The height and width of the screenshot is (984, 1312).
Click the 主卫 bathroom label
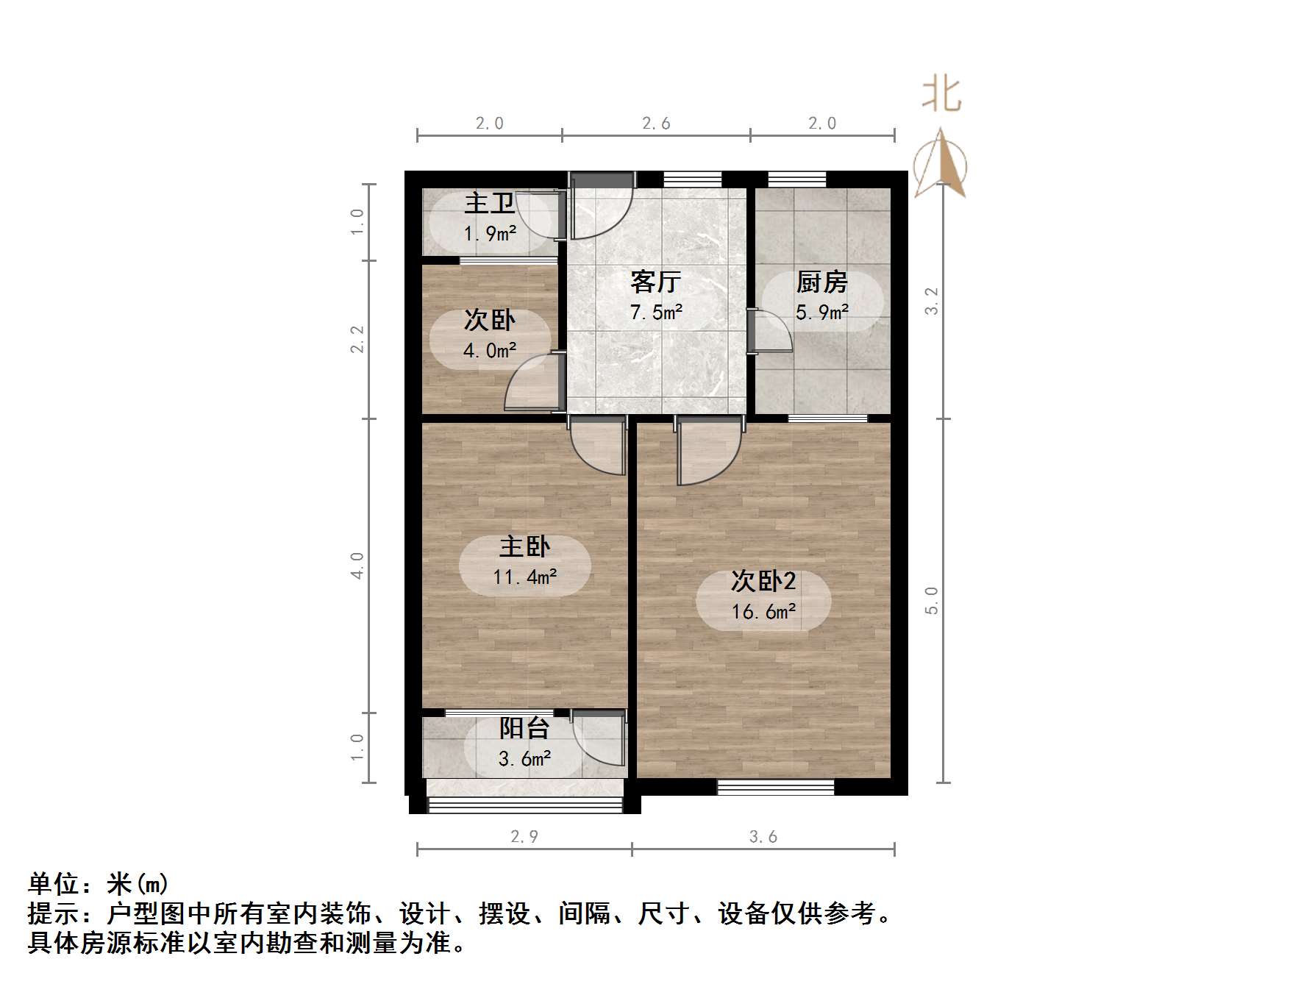pos(489,202)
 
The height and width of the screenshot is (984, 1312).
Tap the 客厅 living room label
pos(656,282)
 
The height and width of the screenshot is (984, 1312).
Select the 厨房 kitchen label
pos(821,282)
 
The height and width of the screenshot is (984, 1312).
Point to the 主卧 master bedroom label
pos(524,546)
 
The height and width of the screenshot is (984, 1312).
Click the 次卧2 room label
pos(763,581)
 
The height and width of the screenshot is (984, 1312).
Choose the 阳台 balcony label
pos(524,728)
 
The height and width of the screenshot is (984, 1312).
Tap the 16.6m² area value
pos(763,612)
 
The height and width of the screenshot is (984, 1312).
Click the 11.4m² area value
pos(524,577)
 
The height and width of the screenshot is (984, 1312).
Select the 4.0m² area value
pos(489,351)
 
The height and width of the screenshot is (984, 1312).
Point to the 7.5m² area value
pos(656,313)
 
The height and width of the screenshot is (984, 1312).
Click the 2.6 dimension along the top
pos(656,124)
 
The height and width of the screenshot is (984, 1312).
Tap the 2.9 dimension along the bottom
pos(524,837)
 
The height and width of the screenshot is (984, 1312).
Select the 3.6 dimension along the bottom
pos(763,837)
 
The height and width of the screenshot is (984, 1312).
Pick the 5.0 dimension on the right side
pos(933,600)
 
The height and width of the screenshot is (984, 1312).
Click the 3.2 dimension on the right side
pos(933,301)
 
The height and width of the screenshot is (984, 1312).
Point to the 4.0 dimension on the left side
pos(357,566)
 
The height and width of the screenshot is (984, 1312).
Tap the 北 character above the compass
pos(941,95)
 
